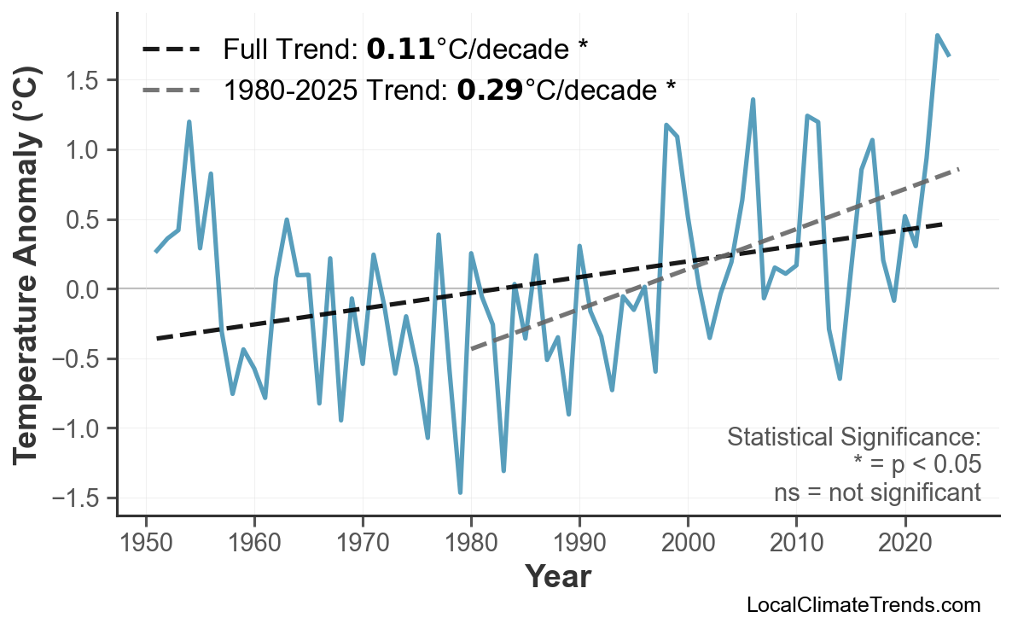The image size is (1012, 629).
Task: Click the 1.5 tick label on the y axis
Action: [x=83, y=80]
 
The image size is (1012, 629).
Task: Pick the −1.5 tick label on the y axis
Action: [x=77, y=498]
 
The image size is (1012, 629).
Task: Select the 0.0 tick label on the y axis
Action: [x=83, y=289]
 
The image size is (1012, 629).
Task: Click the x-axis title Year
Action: [x=557, y=577]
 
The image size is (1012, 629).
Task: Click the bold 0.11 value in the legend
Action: [x=400, y=50]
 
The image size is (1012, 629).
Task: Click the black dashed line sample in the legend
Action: [x=171, y=50]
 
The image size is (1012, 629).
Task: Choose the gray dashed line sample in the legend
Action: [x=171, y=88]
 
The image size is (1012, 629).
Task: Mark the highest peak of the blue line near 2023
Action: [x=937, y=36]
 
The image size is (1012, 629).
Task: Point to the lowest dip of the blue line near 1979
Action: [x=460, y=492]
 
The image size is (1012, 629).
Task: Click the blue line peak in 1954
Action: [x=189, y=122]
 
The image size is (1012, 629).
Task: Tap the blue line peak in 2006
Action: [x=753, y=100]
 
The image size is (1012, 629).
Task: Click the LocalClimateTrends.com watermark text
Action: [x=863, y=605]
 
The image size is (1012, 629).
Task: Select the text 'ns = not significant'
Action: [x=877, y=492]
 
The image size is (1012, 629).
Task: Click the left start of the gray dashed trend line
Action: [x=472, y=349]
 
